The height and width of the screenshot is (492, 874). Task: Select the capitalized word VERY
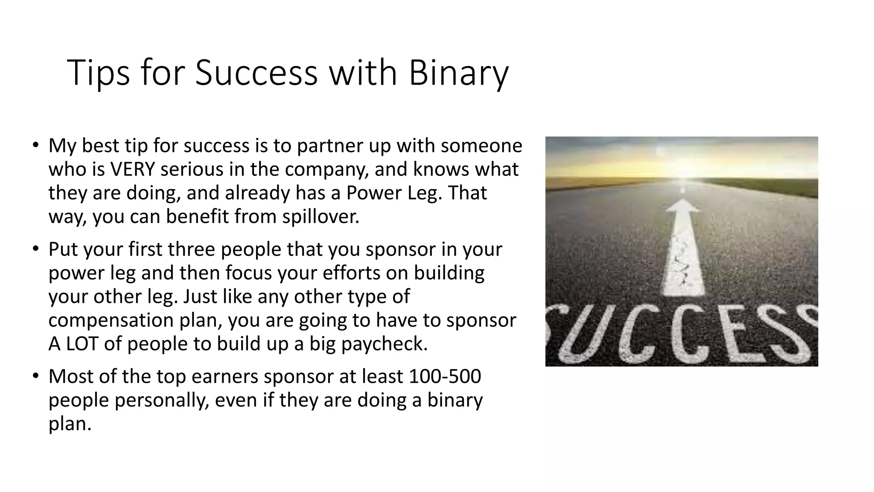[132, 170]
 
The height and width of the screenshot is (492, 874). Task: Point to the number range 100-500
[445, 376]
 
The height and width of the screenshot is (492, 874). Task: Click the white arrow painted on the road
[683, 248]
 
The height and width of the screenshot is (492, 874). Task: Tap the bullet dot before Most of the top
[35, 375]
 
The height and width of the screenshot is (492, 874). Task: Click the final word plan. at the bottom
[70, 424]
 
